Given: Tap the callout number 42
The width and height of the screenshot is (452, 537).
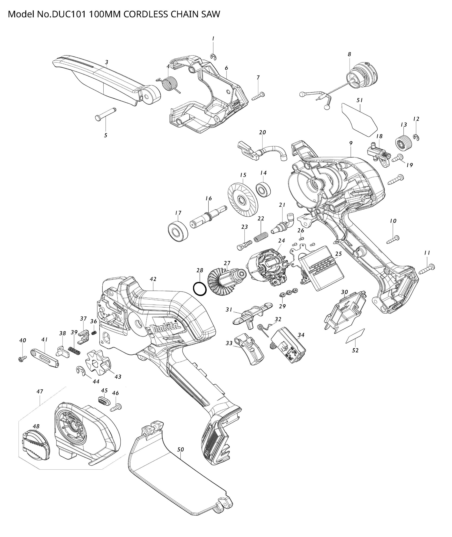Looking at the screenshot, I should point(153,279).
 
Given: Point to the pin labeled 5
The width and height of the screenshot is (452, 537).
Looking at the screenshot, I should point(105,114).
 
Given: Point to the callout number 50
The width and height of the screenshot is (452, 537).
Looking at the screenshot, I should point(181,449).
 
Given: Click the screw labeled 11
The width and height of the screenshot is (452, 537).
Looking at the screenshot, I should point(427,269).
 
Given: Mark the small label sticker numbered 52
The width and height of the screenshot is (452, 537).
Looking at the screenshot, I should point(355,336).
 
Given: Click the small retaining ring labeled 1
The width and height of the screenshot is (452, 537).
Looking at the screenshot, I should point(213,57).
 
